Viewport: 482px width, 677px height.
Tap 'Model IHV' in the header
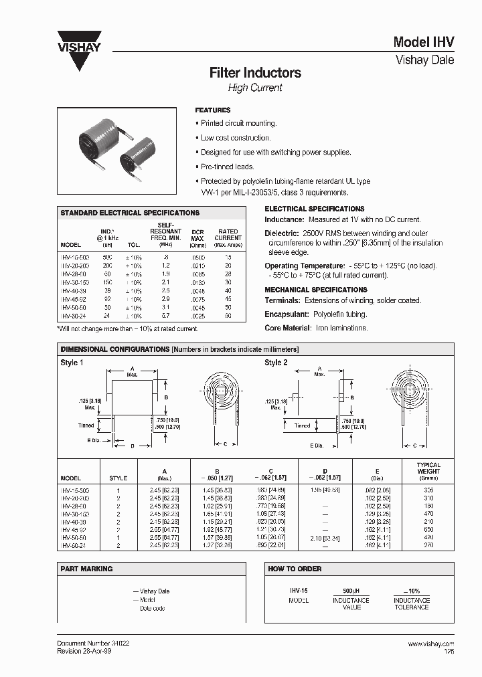click(x=423, y=41)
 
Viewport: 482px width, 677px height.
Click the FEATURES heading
click(x=213, y=110)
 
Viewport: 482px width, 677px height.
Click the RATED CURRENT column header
click(x=228, y=235)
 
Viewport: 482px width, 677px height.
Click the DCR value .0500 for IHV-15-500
click(x=197, y=257)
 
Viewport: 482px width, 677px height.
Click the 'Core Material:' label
click(x=288, y=328)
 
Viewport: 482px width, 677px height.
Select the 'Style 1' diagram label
click(x=72, y=363)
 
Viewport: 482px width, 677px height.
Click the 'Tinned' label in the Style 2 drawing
click(x=302, y=425)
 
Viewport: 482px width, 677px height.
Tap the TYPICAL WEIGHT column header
click(x=428, y=468)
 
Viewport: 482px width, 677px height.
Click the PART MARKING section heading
click(x=87, y=569)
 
